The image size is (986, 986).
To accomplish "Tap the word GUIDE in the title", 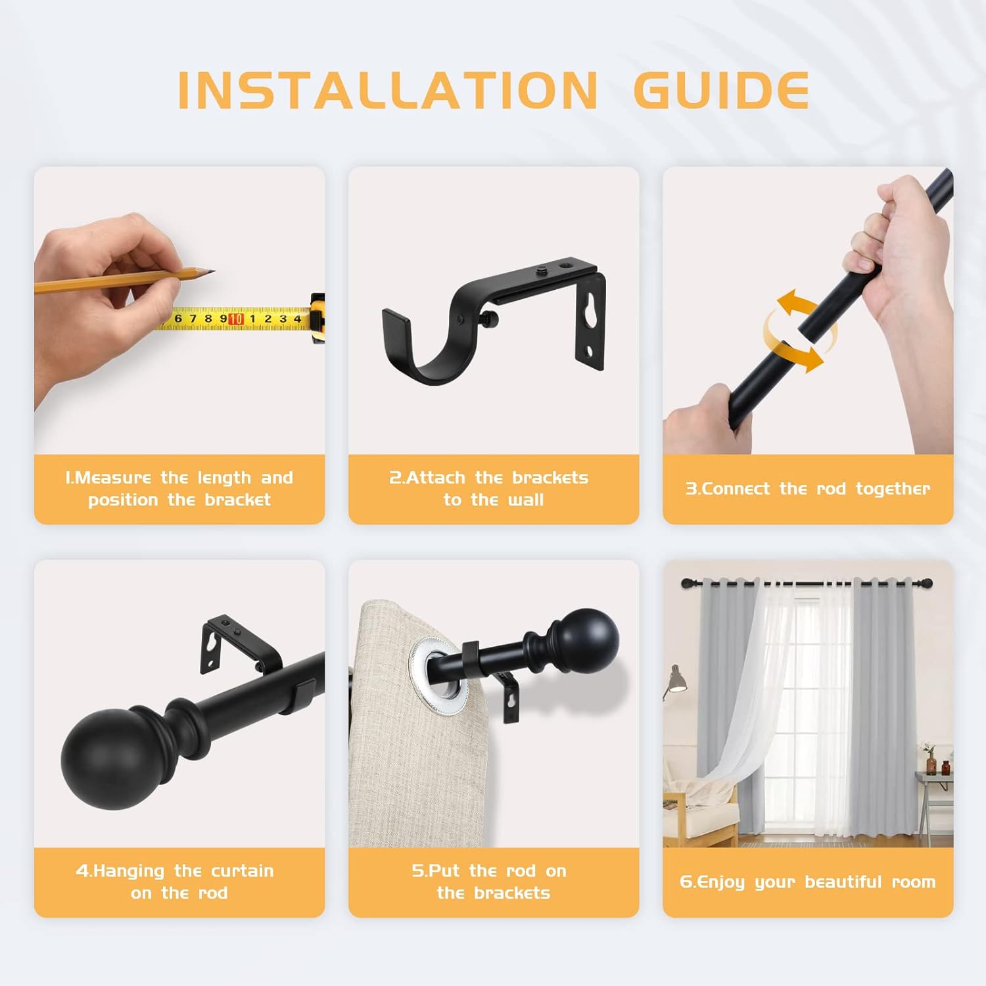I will tap(721, 90).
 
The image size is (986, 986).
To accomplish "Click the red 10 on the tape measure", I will tap(236, 319).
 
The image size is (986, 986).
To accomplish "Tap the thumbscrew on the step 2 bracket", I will tap(490, 319).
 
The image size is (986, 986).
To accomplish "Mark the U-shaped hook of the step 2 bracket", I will tap(421, 355).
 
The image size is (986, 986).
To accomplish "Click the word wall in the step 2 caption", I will tap(526, 500).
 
